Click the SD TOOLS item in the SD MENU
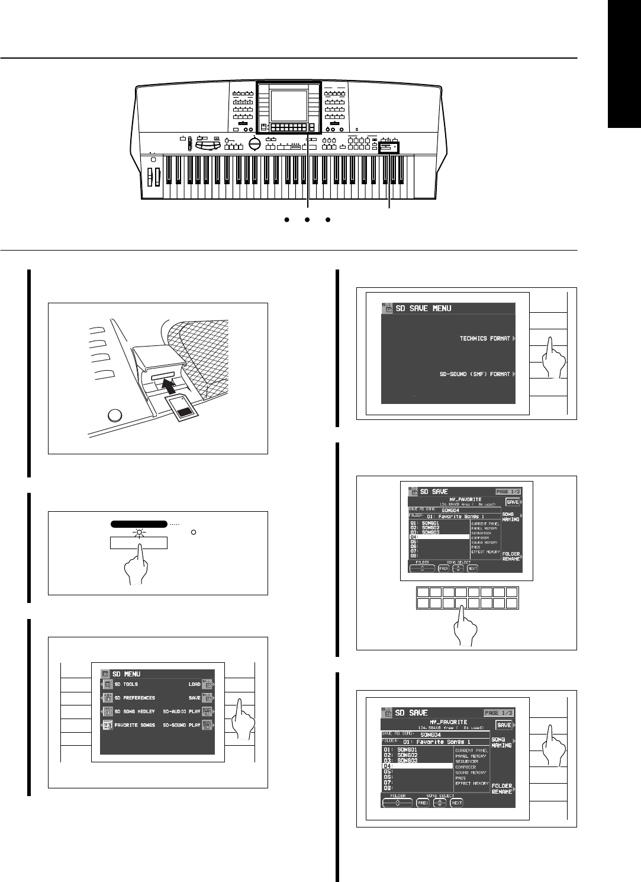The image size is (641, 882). coord(125,684)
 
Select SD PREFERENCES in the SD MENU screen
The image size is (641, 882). coord(134,698)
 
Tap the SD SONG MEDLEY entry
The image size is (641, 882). coord(134,711)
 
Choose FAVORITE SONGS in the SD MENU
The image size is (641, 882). coord(134,725)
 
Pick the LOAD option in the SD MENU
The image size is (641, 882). coord(194,684)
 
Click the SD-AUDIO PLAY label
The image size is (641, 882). coord(182,711)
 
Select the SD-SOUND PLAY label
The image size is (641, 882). coord(182,725)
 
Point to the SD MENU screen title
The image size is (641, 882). coord(126,673)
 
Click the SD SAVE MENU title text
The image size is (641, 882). coord(423,309)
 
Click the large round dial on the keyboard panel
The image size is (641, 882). coord(255,145)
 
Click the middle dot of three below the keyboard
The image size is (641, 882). coord(308,220)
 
